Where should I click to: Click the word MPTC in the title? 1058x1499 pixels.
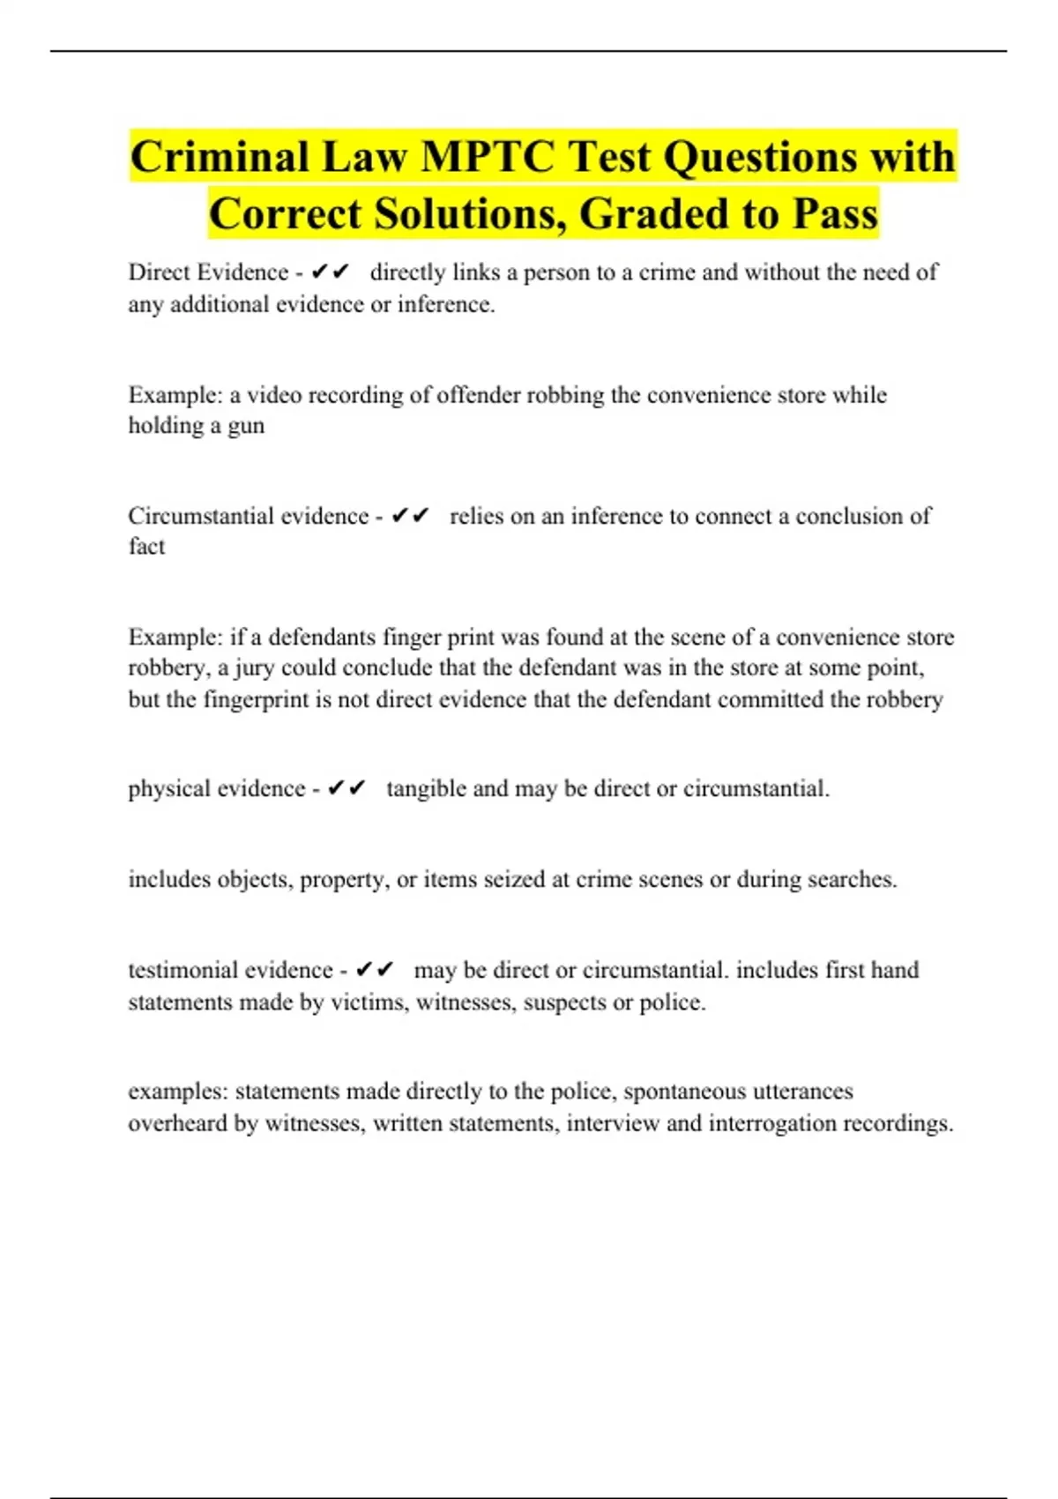click(x=488, y=158)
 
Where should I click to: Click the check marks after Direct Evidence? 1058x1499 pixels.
click(x=331, y=272)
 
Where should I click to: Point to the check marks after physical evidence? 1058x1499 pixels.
click(x=346, y=788)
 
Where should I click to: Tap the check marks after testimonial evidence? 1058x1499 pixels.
click(x=375, y=971)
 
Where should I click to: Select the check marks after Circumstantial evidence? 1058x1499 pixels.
click(x=410, y=516)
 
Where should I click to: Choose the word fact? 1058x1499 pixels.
click(x=146, y=547)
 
